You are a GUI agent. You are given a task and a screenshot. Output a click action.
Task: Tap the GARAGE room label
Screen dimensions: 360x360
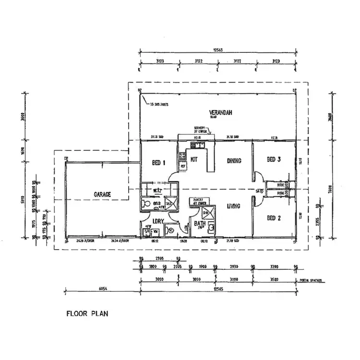[x=102, y=194]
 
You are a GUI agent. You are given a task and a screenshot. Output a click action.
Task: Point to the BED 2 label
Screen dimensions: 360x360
[x=273, y=218]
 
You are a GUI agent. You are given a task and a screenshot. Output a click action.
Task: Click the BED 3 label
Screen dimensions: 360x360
[x=273, y=159]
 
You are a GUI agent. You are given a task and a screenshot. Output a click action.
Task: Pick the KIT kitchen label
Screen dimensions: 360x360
[x=194, y=159]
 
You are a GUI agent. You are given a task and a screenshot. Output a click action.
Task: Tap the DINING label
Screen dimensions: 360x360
[x=234, y=161]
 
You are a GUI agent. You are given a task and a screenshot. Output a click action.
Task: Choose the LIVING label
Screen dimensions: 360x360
[x=233, y=206]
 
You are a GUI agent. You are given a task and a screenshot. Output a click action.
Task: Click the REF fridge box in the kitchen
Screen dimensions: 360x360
[x=182, y=166]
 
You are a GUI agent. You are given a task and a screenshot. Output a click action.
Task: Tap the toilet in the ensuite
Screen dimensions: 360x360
[x=145, y=204]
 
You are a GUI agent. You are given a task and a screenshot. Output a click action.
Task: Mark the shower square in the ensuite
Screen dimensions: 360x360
[x=168, y=204]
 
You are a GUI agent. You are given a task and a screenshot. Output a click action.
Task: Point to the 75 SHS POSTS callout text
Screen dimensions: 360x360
[x=160, y=104]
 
